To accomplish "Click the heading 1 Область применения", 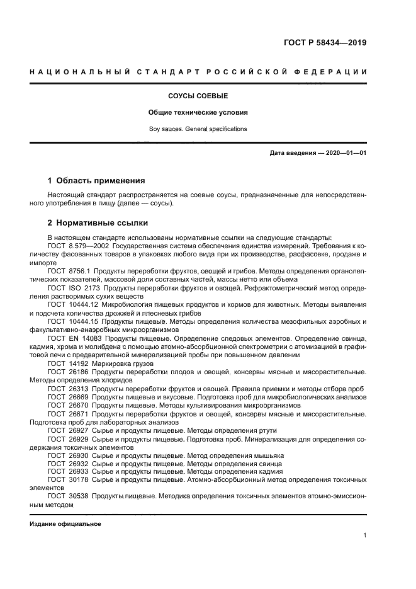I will [96, 180].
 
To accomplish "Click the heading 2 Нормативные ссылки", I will [98, 223].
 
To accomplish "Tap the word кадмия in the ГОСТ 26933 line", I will [268, 471].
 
